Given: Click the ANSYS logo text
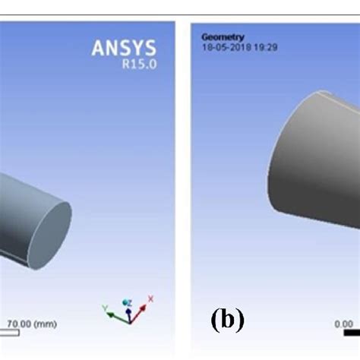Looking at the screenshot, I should point(124,49).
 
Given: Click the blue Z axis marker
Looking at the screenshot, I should point(129,304).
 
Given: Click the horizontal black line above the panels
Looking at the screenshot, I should point(180,14).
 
